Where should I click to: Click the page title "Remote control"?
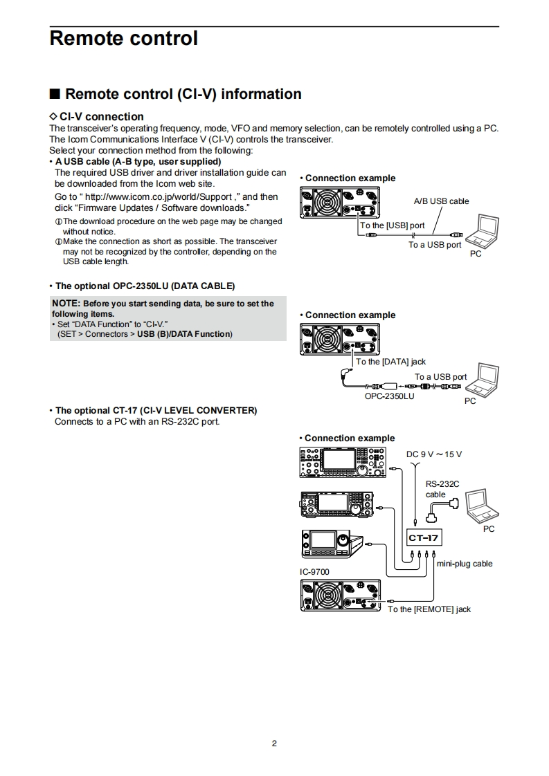tap(124, 39)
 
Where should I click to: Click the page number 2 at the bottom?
tap(274, 744)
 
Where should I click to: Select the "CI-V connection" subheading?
tap(101, 117)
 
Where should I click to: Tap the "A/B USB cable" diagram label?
tap(441, 201)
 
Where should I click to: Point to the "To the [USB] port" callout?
tap(393, 225)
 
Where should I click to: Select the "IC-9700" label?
tap(314, 572)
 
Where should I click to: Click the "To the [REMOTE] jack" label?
tap(429, 609)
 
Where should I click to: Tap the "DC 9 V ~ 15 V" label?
tap(433, 454)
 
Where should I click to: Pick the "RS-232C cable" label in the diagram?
tap(442, 490)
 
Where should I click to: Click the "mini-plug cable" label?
tap(465, 564)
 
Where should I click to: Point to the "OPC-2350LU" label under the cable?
tap(389, 396)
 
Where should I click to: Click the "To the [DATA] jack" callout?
tap(391, 362)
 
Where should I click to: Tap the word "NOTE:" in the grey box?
tap(66, 304)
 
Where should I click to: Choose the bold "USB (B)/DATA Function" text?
tap(184, 334)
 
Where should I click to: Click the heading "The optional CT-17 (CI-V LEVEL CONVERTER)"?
tap(156, 411)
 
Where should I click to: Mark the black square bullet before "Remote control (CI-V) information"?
tap(55, 94)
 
